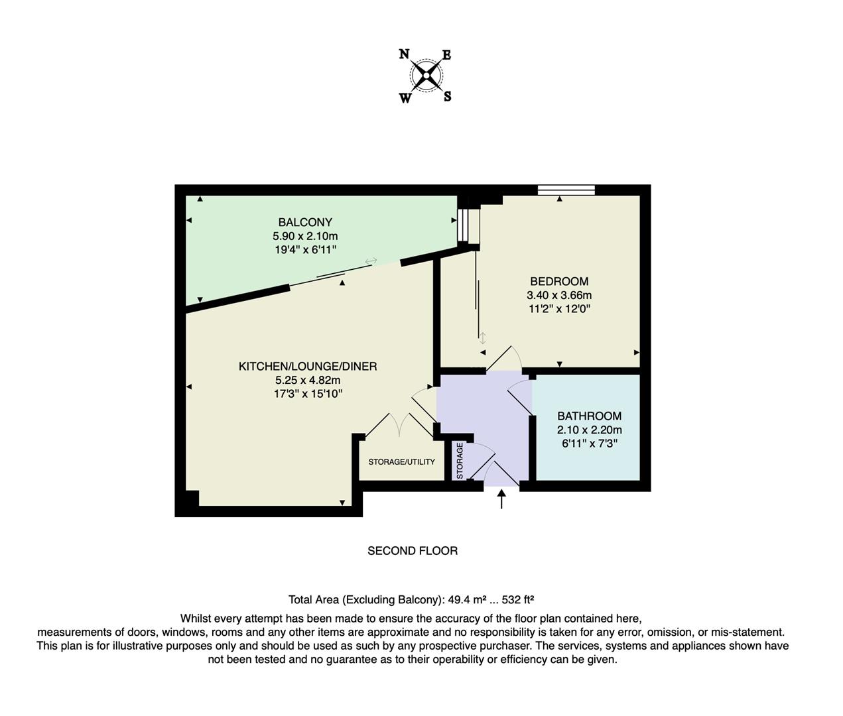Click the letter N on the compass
pos(404,54)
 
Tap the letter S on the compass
pos(448,97)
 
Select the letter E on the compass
pos(447,55)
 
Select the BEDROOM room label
pos(559,281)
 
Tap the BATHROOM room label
pos(589,416)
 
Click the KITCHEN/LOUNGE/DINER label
pos(308,366)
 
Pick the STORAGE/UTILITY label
pos(402,461)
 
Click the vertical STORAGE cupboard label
pos(460,460)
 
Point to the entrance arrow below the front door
pos(501,499)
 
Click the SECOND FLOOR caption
pos(413,551)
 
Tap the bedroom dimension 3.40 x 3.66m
pos(559,295)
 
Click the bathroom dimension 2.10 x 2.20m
pos(589,430)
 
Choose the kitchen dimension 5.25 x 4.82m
pos(308,380)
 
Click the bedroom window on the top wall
pos(566,190)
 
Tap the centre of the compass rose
pos(426,76)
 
